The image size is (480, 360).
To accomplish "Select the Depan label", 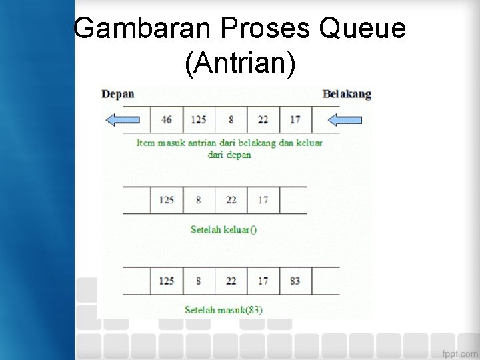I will [117, 94].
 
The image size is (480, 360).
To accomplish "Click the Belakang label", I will [347, 94].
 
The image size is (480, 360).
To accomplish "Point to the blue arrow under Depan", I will [123, 120].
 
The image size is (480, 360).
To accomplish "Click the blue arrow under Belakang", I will [345, 120].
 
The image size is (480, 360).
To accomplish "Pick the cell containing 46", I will [167, 120].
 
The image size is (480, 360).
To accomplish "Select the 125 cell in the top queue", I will [199, 120].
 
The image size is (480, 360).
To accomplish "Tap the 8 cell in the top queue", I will [231, 120].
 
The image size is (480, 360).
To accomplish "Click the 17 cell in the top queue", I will [295, 120].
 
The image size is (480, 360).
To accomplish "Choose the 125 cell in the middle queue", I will [167, 200].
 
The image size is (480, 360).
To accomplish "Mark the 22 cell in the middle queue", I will [231, 200].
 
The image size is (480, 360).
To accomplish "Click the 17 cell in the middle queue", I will [263, 200].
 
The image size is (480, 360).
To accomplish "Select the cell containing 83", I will [295, 281].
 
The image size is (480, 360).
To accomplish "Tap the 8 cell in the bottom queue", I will [199, 281].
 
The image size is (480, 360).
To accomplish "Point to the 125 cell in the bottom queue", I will [167, 281].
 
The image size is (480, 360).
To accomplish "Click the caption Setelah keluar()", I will [223, 230].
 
